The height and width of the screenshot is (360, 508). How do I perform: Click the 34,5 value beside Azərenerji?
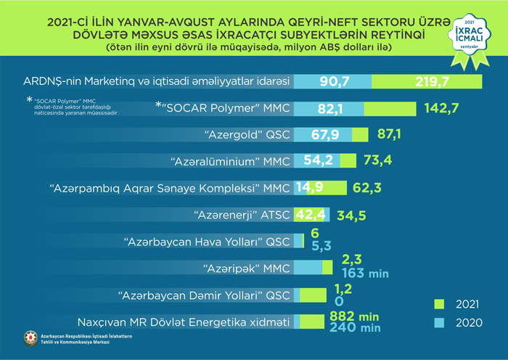350,215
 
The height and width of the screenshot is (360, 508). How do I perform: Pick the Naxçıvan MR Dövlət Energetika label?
183,322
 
